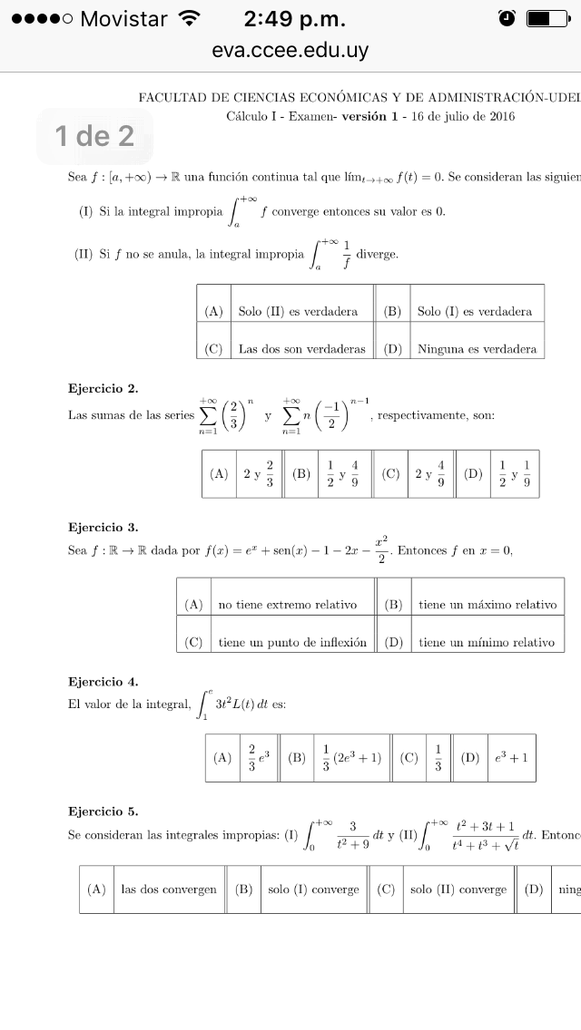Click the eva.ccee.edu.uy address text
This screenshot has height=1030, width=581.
[x=290, y=51]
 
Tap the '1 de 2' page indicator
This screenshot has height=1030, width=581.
[x=94, y=136]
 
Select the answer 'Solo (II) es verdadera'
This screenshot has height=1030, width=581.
[x=298, y=311]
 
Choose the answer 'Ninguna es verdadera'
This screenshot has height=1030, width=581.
[x=477, y=348]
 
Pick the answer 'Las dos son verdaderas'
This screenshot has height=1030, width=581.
[x=301, y=348]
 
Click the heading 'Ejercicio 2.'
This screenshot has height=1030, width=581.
[x=103, y=389]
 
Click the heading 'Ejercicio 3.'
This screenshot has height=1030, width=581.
[x=103, y=527]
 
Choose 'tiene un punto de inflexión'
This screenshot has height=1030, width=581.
[x=292, y=642]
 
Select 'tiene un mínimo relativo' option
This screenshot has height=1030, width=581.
[x=486, y=642]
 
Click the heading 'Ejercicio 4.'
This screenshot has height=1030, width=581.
[x=103, y=681]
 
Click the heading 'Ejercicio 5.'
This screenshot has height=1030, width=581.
[x=103, y=811]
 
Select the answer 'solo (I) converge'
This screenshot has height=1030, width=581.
[x=314, y=889]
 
